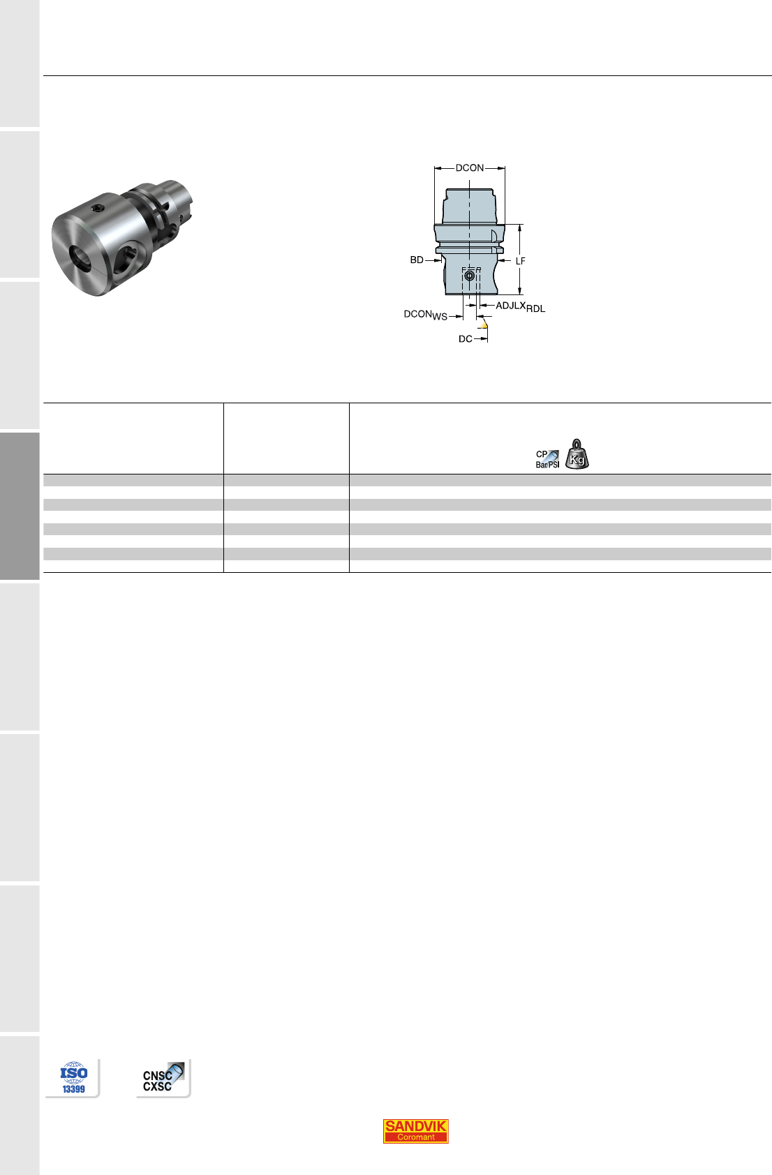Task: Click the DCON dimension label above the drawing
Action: click(470, 168)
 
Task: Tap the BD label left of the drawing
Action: click(417, 260)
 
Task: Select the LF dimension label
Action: click(521, 261)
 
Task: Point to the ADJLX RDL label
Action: click(521, 307)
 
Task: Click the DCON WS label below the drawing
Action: click(426, 315)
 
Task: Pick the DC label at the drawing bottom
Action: click(465, 339)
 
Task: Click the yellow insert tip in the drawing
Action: click(484, 325)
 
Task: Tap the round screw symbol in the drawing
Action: click(470, 276)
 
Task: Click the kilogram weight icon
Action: click(577, 454)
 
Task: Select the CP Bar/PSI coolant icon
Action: click(547, 459)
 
